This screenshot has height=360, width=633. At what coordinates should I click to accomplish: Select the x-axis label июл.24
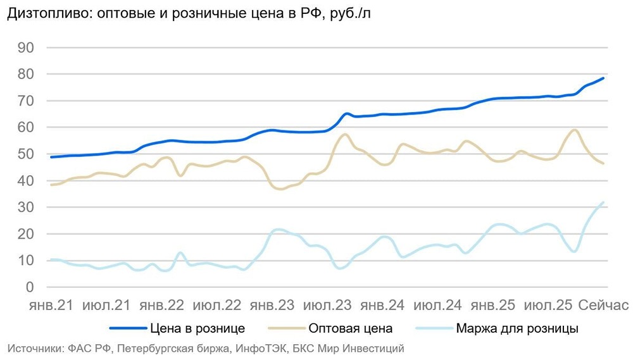tap(437, 306)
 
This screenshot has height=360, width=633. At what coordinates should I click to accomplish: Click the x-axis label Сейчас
tap(603, 306)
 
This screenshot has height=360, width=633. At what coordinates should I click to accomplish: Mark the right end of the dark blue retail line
tap(604, 78)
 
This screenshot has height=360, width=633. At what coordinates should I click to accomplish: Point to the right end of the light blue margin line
tap(604, 202)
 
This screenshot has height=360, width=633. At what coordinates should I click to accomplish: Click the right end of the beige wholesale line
tap(604, 164)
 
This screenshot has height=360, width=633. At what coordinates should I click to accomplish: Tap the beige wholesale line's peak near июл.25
tap(574, 130)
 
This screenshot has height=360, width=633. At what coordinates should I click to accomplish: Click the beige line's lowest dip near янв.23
tap(281, 189)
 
